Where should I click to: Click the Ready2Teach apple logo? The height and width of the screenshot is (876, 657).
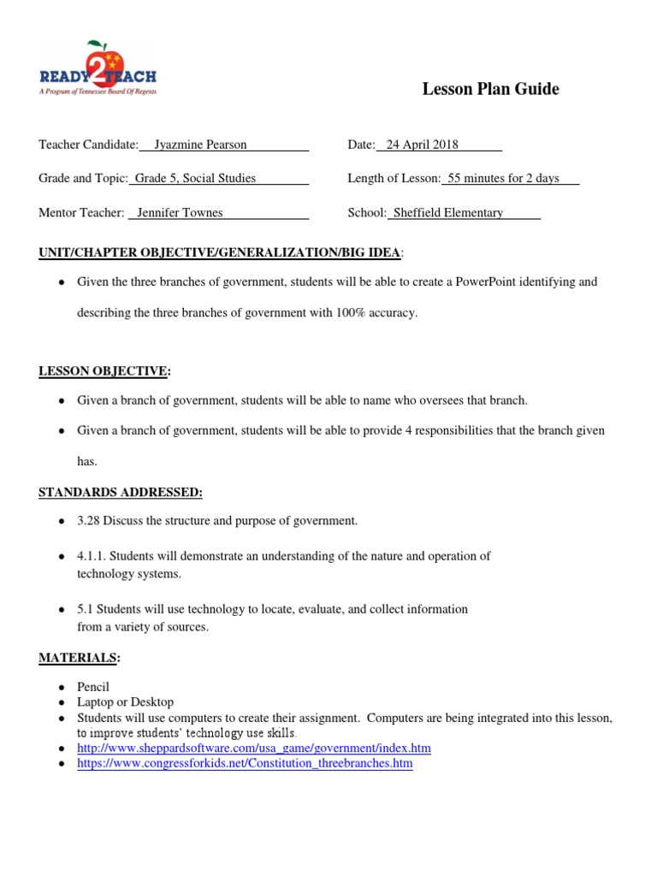coord(97,67)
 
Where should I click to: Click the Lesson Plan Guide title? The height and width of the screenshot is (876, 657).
coord(490,89)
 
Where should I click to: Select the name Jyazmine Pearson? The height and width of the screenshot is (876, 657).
coord(200,145)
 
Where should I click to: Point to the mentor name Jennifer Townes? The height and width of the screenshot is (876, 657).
coord(180,212)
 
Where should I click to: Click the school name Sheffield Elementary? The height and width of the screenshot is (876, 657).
coord(447,212)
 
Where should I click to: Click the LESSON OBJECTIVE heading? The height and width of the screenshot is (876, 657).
coord(104,370)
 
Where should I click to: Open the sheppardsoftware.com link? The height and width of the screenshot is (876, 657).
coord(254,748)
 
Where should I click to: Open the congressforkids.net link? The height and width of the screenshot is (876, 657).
coord(245,763)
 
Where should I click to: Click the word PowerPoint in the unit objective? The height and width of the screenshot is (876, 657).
coord(487,281)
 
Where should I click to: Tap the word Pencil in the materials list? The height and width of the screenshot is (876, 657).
coord(93,687)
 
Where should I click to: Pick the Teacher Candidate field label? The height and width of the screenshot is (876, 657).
coord(88,145)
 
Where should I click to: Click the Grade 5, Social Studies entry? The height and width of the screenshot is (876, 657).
coord(195,178)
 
